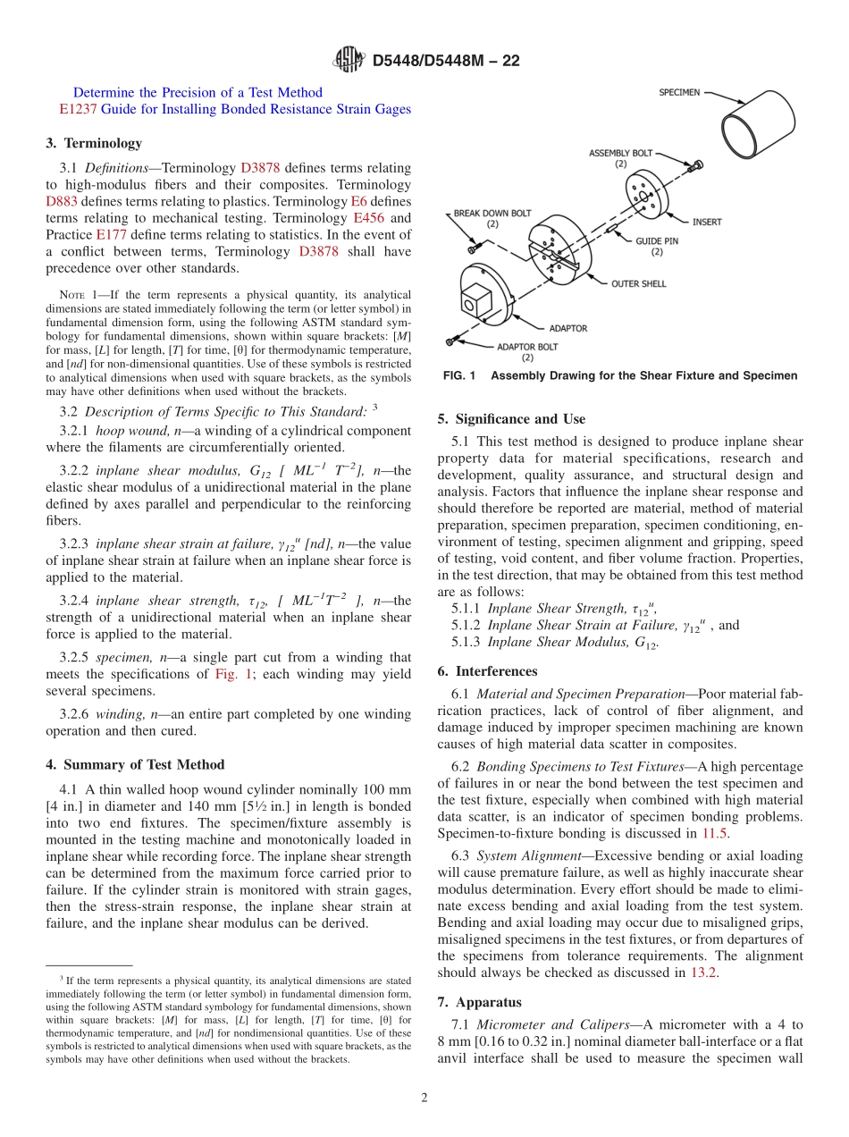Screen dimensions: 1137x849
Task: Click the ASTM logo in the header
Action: (x=349, y=60)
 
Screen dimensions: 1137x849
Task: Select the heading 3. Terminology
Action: (x=94, y=143)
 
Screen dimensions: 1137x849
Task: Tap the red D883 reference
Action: (x=62, y=201)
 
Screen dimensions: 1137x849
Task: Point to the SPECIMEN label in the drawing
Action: (x=680, y=92)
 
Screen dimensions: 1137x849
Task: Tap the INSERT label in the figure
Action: (x=707, y=222)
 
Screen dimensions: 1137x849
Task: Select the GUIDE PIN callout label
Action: (x=657, y=241)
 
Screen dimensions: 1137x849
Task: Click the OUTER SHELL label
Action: (x=638, y=284)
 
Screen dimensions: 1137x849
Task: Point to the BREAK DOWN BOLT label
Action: (x=492, y=214)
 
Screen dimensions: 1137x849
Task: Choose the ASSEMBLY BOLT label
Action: (x=620, y=154)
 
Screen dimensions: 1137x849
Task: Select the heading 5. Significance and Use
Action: (x=511, y=418)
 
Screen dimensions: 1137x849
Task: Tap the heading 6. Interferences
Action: (x=488, y=671)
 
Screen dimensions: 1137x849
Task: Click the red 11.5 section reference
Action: (x=715, y=833)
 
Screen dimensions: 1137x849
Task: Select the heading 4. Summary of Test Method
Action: (x=135, y=764)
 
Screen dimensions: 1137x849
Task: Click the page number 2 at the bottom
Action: (x=424, y=1099)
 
